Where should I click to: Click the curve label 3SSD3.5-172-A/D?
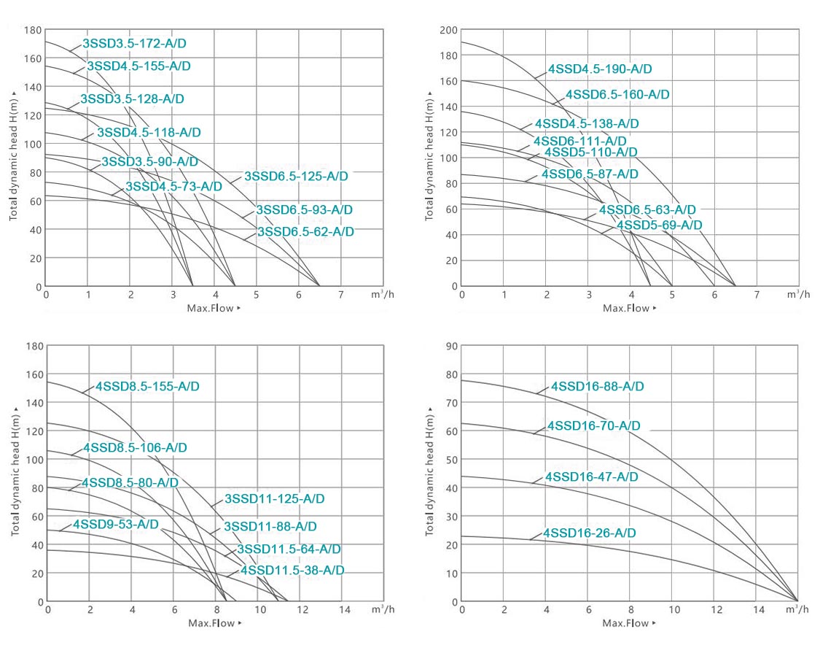[x=134, y=44]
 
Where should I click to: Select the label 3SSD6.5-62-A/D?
[x=305, y=232]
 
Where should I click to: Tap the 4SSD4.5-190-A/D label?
[x=600, y=69]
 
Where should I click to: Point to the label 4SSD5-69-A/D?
[x=660, y=225]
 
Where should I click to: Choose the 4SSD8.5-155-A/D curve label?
[x=147, y=387]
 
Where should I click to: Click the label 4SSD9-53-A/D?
[x=115, y=525]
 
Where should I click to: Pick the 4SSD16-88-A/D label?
[x=598, y=387]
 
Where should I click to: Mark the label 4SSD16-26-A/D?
[x=589, y=533]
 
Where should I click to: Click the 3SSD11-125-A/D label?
[x=275, y=499]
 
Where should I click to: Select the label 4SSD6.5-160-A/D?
[x=617, y=95]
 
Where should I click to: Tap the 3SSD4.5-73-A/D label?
[x=173, y=187]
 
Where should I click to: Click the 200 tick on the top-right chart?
[x=448, y=30]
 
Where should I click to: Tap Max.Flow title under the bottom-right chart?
[x=625, y=623]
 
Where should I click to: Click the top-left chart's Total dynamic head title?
[x=14, y=157]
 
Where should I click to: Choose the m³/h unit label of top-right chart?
[x=793, y=294]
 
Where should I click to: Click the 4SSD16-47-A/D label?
[x=592, y=477]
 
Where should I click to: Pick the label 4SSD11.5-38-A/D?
[x=292, y=570]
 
